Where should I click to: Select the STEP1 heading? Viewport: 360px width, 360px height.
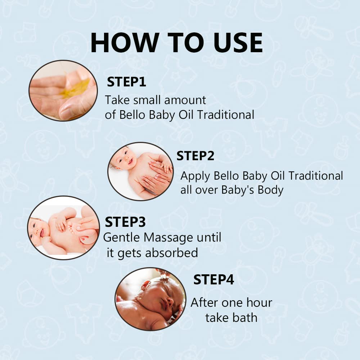(126, 82)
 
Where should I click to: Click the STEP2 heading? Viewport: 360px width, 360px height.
(195, 156)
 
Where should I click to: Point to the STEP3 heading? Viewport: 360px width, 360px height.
(125, 222)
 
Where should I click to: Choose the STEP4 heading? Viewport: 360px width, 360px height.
(214, 280)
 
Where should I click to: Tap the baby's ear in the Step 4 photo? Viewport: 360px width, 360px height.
(145, 286)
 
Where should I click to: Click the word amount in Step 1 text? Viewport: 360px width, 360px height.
(185, 100)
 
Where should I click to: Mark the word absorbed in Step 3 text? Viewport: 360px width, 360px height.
(171, 253)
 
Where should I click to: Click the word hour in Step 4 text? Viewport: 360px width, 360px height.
(259, 302)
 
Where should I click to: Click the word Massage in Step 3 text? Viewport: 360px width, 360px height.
(168, 238)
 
